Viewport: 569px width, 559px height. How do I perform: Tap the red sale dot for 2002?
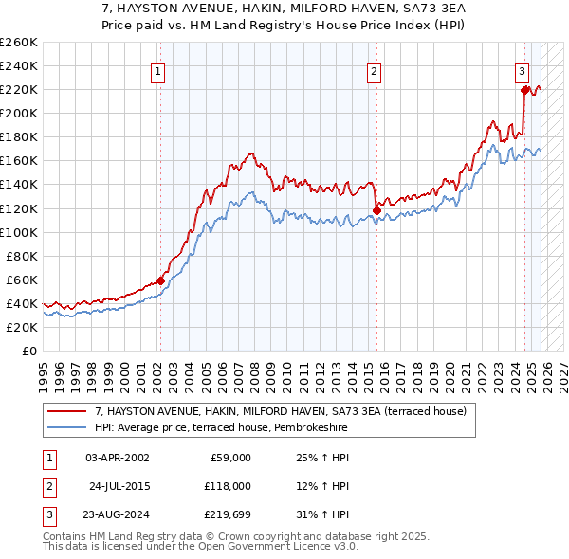pyautogui.click(x=160, y=280)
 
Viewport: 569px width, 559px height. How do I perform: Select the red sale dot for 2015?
pyautogui.click(x=376, y=210)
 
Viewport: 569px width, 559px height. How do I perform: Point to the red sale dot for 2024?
pyautogui.click(x=524, y=90)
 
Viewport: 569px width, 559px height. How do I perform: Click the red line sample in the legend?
pyautogui.click(x=66, y=412)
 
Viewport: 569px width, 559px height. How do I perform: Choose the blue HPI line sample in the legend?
pyautogui.click(x=66, y=427)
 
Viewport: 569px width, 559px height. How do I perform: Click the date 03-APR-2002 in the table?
pyautogui.click(x=117, y=458)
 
